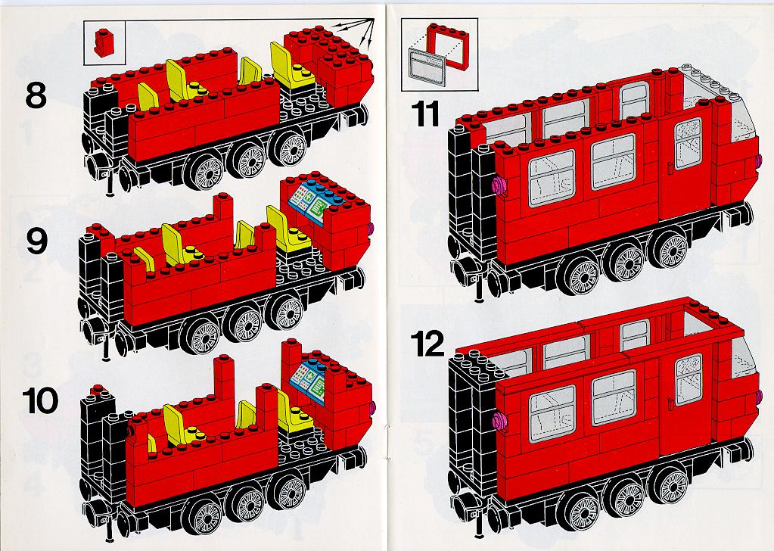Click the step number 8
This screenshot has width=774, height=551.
click(36, 95)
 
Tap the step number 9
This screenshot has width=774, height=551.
click(37, 241)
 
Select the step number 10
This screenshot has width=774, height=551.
click(40, 401)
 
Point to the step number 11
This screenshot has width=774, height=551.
click(425, 114)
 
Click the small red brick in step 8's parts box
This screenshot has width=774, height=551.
click(104, 43)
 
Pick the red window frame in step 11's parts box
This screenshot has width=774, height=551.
click(448, 46)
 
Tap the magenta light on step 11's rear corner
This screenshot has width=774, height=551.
click(499, 185)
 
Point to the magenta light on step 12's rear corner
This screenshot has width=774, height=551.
click(499, 421)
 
